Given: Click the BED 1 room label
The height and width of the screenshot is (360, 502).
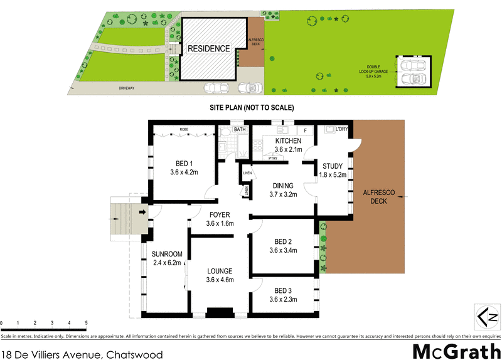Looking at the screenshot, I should pyautogui.click(x=184, y=161).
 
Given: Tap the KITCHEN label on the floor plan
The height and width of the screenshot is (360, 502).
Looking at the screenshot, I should pyautogui.click(x=289, y=141).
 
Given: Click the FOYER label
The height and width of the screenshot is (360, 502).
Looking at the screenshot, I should pyautogui.click(x=219, y=214).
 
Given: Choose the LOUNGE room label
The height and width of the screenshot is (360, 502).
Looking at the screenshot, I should pyautogui.click(x=220, y=271).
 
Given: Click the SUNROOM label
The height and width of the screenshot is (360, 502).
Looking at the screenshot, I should pyautogui.click(x=167, y=254).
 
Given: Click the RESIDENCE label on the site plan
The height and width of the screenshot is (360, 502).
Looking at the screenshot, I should pyautogui.click(x=208, y=48).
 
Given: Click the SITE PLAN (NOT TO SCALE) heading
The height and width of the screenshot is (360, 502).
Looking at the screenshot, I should pyautogui.click(x=252, y=108).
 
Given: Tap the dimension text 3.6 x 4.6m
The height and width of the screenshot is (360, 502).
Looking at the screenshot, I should pyautogui.click(x=220, y=280).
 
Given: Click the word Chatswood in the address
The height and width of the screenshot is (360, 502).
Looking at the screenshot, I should pyautogui.click(x=134, y=354).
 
